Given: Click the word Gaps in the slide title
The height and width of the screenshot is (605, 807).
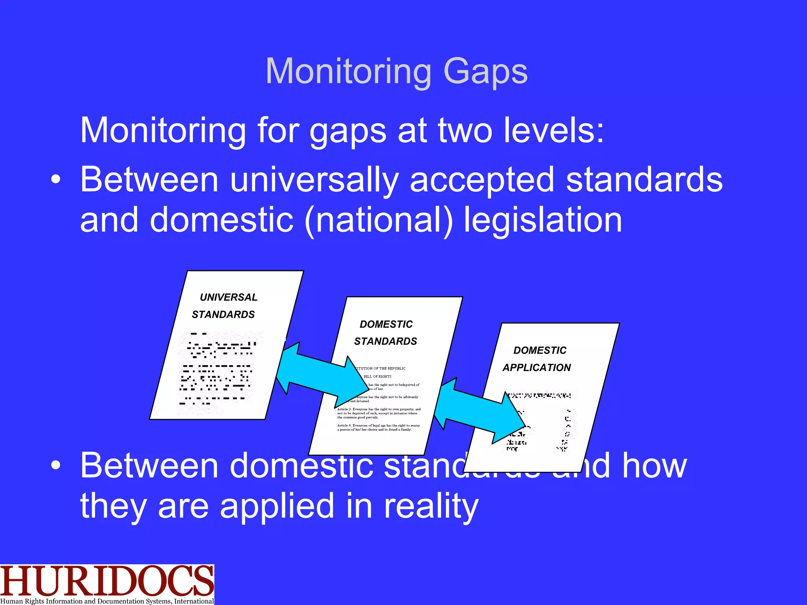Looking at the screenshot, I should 485,72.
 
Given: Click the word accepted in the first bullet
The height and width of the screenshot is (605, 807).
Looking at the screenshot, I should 482,180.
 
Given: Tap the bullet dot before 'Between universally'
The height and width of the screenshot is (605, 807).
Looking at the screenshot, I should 56,180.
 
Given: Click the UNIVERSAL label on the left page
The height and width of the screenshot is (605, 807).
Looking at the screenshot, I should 229,297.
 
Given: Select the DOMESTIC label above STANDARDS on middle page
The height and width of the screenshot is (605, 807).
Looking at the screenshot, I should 386,324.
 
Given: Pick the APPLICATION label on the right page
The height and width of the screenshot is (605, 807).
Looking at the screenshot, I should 536,367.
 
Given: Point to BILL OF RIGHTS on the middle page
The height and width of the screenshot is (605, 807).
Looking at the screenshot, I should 377,377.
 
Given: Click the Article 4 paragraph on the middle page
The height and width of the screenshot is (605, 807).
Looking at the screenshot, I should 379,427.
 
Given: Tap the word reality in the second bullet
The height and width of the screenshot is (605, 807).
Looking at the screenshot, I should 431,506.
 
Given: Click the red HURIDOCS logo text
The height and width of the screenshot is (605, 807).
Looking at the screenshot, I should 106,581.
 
